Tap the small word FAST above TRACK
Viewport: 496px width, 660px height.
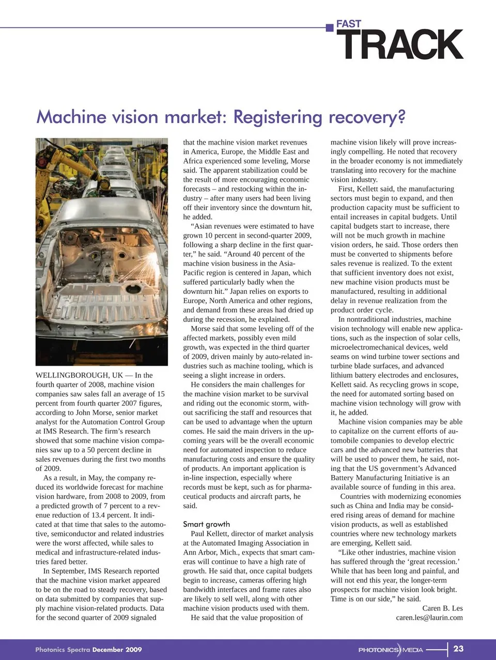[x=349, y=24]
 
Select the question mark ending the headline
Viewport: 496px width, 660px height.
[x=400, y=117]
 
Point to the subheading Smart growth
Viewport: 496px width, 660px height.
[x=206, y=524]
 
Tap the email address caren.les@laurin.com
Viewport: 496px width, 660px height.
[x=429, y=617]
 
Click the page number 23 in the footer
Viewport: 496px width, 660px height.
[x=458, y=649]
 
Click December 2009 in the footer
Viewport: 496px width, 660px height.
[x=117, y=649]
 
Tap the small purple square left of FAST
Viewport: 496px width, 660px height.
[x=330, y=27]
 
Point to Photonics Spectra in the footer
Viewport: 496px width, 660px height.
[x=63, y=649]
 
